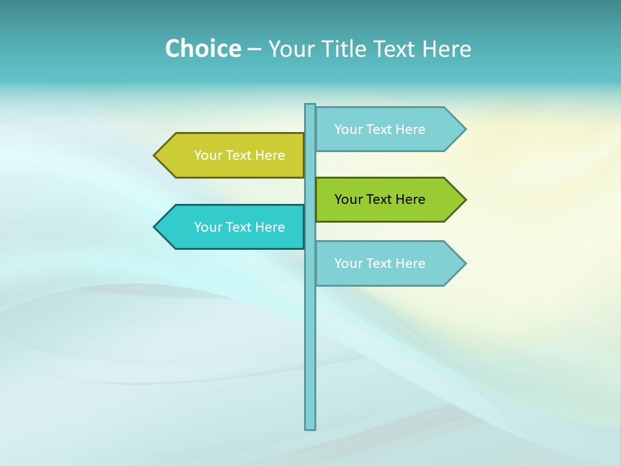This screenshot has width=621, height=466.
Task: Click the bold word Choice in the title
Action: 202,49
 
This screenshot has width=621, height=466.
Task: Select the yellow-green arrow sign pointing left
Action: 233,155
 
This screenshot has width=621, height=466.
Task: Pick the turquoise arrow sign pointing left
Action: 233,227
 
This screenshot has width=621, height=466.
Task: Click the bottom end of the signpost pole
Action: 310,427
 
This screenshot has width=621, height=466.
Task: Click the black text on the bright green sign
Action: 380,199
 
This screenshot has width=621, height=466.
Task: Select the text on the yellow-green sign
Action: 239,155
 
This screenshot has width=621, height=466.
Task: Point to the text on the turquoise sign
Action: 239,227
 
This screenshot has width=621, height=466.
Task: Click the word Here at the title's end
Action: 446,49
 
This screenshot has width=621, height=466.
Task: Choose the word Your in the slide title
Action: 290,49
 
